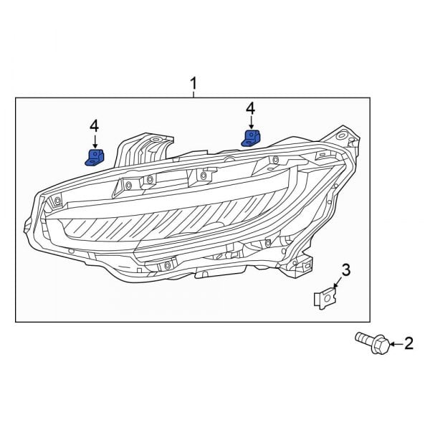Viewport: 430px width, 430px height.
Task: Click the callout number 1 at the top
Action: [193, 85]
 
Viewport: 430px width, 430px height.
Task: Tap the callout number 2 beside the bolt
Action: [409, 344]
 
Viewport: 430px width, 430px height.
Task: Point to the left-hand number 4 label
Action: [94, 126]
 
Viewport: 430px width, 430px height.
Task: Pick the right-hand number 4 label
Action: [250, 108]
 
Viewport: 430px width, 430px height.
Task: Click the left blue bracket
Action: [94, 156]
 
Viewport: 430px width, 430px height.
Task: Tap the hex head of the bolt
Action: [381, 345]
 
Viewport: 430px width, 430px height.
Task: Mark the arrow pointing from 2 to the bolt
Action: [396, 345]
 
